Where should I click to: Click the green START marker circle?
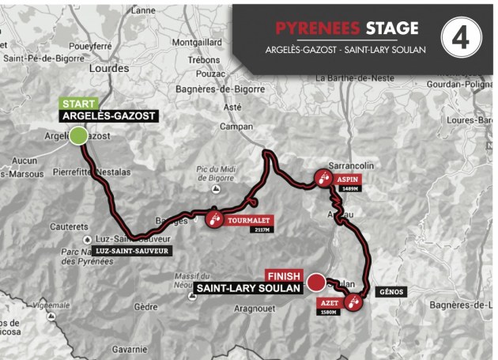[x=78, y=136]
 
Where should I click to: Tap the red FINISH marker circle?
[x=315, y=281]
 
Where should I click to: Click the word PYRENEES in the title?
[x=318, y=28]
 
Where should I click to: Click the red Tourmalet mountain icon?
[x=214, y=219]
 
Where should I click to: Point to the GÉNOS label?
[x=390, y=292]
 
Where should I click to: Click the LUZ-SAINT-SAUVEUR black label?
[x=130, y=251]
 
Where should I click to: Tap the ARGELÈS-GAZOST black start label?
[x=108, y=116]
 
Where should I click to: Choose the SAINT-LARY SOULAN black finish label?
[x=247, y=289]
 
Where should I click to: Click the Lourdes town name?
[x=110, y=69]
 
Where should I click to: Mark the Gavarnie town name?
[x=129, y=348]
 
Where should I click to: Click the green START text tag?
[x=78, y=104]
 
